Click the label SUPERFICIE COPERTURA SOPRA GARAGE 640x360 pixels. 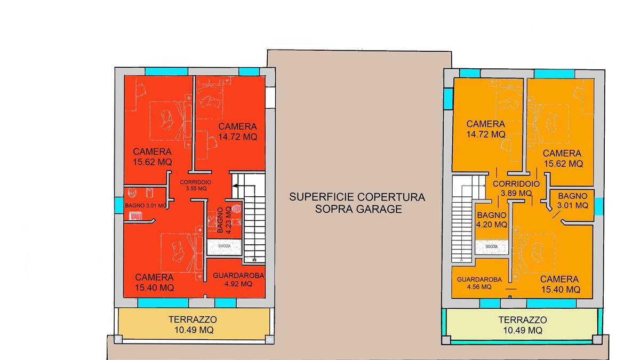coord(357,203)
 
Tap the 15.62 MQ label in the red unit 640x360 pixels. coord(153,162)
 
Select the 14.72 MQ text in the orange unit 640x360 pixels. coord(485,134)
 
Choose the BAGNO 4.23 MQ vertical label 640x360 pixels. coord(224,220)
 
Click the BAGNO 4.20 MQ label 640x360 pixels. coord(492,220)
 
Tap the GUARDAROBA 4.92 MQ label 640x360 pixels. coord(238,279)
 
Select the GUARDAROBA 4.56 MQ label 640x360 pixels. coord(479,283)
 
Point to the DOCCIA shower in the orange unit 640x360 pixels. coord(491,246)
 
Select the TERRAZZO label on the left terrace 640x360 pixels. coord(193,319)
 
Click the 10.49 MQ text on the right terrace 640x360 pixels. coord(523,331)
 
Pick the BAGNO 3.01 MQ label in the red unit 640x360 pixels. coord(146,205)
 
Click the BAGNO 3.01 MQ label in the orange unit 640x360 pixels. coord(572,200)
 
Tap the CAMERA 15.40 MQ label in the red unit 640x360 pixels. coord(154,283)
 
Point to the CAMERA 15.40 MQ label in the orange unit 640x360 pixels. coord(559,284)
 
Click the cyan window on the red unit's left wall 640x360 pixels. coord(118,205)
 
